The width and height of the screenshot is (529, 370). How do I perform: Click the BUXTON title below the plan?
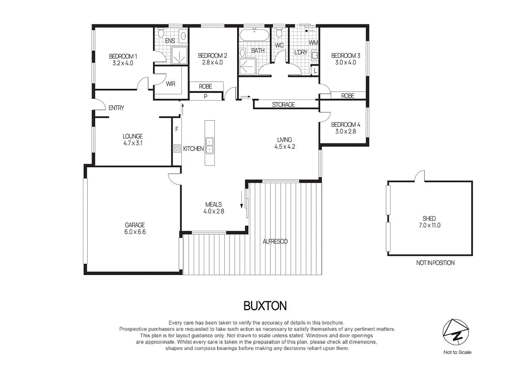(x=264, y=306)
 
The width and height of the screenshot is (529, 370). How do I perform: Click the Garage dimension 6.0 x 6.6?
(x=135, y=232)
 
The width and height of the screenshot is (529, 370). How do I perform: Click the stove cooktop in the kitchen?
(x=177, y=149)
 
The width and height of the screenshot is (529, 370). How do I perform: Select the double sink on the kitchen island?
(x=210, y=145)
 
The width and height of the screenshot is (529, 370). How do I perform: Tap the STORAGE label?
(x=284, y=105)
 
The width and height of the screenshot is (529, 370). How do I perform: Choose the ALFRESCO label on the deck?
(x=275, y=241)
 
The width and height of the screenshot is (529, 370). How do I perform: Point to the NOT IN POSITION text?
(x=435, y=263)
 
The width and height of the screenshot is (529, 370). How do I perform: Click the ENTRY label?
(x=116, y=108)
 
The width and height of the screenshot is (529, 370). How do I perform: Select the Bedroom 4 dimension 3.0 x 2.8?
(x=346, y=132)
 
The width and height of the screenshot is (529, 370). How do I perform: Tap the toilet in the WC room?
(x=279, y=34)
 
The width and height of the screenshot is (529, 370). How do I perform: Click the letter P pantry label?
(x=206, y=96)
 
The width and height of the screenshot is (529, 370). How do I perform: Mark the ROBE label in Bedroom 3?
(x=348, y=96)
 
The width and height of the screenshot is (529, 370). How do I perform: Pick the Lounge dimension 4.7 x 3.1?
(x=132, y=143)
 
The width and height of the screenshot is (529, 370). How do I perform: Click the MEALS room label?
(x=213, y=204)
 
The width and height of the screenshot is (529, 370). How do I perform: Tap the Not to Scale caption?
(x=457, y=352)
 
